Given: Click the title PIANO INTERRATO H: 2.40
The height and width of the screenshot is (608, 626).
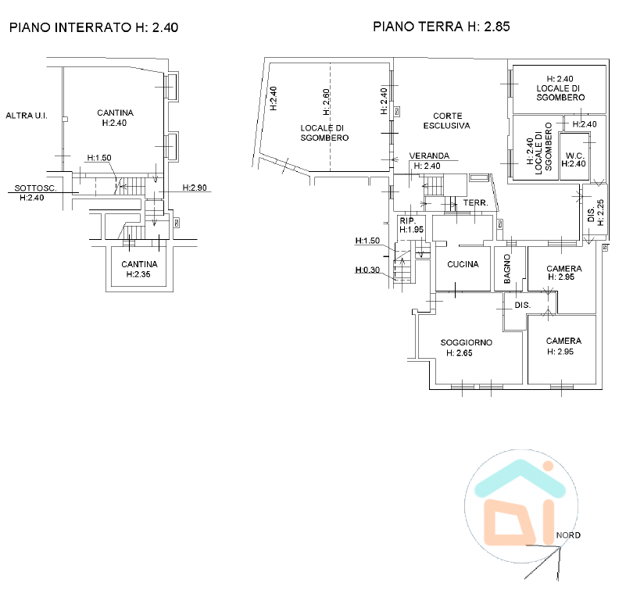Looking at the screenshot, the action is (94, 27).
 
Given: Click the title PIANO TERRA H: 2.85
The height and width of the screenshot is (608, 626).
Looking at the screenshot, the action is (441, 27).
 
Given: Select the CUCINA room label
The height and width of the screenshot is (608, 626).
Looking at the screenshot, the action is (463, 264).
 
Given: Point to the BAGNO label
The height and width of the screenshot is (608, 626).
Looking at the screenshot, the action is (507, 269).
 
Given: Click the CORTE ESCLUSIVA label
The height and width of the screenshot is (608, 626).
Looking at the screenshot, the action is (447, 120).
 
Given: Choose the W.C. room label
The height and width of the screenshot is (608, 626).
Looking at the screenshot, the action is (574, 156).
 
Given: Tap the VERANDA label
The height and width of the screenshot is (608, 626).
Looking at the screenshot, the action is (429, 156).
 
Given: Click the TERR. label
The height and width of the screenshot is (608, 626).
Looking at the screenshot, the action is (475, 203).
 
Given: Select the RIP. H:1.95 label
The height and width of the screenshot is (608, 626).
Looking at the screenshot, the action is (411, 225).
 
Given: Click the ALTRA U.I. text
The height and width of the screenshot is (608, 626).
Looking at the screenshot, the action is (27, 116).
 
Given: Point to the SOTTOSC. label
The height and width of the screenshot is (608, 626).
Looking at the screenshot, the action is (35, 188).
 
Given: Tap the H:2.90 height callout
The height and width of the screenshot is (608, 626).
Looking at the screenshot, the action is (195, 188).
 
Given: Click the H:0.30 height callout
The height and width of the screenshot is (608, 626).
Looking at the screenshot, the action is (367, 270).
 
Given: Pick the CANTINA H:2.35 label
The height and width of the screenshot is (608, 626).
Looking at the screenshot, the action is (139, 269).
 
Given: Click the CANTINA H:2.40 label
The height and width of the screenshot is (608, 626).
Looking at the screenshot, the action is (115, 118).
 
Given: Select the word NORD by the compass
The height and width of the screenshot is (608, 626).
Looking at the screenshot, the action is (568, 535).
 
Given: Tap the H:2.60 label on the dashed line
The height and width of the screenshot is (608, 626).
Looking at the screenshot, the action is (326, 102).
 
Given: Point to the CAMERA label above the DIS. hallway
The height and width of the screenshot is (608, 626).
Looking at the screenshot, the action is (563, 269).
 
